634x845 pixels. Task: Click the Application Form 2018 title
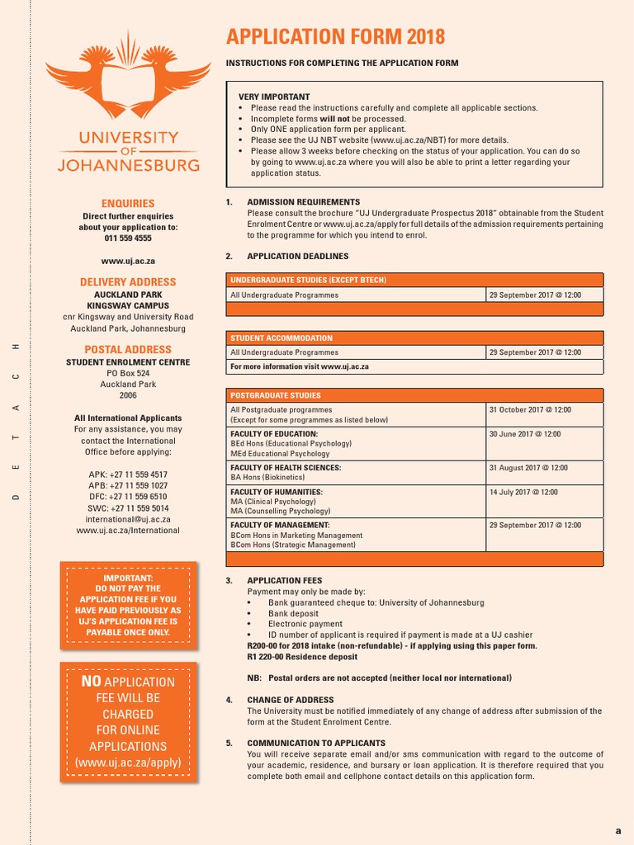335,37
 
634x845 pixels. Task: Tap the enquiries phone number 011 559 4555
128,238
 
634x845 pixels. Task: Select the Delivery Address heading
128,282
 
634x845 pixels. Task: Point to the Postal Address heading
128,350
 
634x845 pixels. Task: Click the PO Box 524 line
128,373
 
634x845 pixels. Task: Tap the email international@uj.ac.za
128,519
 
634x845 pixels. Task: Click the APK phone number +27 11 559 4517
128,474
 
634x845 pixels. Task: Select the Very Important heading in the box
274,97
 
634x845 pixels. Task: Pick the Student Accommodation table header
282,338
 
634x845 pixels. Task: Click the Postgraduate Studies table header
276,395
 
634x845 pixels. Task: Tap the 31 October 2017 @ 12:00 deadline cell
529,409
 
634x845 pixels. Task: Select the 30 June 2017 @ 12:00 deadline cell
524,434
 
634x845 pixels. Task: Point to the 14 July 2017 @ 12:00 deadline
523,492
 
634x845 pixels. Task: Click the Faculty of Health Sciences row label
286,468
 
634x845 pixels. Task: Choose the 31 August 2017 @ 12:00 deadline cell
528,468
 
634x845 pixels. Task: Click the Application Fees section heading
285,581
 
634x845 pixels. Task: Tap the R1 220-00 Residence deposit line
302,657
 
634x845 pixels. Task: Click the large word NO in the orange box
91,682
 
